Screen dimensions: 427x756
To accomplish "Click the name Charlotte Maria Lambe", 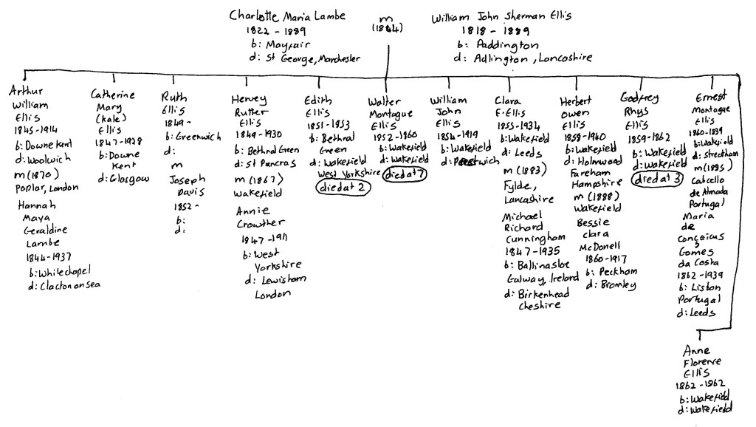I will tap(286, 16).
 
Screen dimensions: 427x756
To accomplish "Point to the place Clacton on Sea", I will tap(65, 285).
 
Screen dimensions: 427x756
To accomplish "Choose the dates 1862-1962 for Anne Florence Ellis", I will tap(700, 385).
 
